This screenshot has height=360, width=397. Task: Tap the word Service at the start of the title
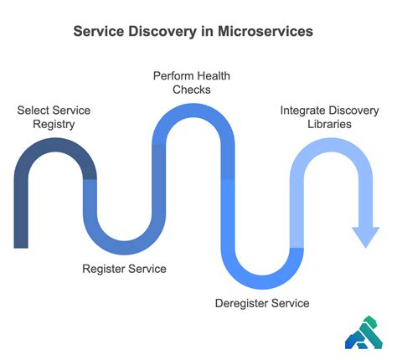click(x=102, y=31)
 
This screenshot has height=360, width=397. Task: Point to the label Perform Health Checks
click(x=192, y=83)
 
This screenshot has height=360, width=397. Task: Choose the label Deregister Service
click(x=261, y=303)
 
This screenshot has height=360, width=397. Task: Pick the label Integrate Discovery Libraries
click(x=327, y=117)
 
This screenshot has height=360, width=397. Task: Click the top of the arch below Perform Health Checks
click(x=192, y=111)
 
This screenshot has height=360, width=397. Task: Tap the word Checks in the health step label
click(x=192, y=90)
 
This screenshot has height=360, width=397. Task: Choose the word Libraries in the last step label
click(x=327, y=125)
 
